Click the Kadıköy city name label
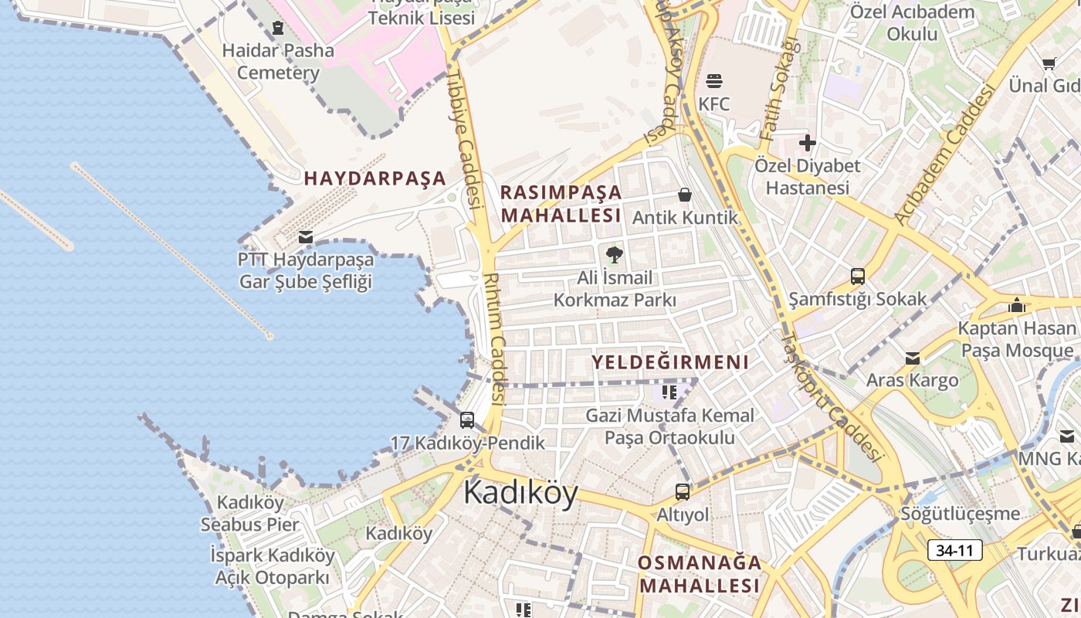point(520,493)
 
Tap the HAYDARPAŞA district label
point(374,178)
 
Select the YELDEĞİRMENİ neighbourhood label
point(670,362)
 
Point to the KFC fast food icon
point(713,81)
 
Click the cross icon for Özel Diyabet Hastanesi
point(807,143)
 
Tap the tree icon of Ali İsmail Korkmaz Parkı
point(614,254)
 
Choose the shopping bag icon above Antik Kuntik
point(684,195)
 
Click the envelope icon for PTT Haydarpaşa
point(306,236)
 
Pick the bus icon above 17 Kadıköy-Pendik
point(467,420)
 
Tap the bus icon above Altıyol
point(683,491)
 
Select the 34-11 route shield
point(954,550)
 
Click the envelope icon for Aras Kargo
point(912,358)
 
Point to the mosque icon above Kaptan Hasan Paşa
point(1016,305)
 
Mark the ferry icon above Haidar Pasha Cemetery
point(278,28)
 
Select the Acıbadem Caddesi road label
point(944,154)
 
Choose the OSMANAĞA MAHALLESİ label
point(700,574)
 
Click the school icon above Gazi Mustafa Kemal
point(669,392)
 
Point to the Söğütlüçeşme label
point(960,514)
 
